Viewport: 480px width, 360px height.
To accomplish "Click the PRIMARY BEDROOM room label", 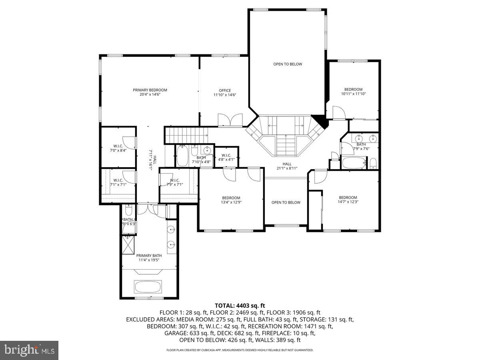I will pyautogui.click(x=150, y=90).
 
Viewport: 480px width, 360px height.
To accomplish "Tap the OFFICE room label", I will pyautogui.click(x=225, y=90).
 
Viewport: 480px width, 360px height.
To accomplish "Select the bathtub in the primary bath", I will pyautogui.click(x=148, y=287).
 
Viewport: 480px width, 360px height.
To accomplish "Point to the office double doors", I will pyautogui.click(x=230, y=120).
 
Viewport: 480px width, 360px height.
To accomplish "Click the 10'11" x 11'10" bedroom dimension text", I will pyautogui.click(x=353, y=94).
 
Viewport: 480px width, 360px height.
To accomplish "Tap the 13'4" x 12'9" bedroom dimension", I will pyautogui.click(x=231, y=202).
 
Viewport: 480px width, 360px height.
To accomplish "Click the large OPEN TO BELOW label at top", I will pyautogui.click(x=288, y=64).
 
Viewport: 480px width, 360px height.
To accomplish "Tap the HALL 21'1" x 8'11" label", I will pyautogui.click(x=287, y=166).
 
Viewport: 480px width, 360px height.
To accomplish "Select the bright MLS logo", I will pyautogui.click(x=29, y=350).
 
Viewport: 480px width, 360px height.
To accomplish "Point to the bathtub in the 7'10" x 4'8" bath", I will pyautogui.click(x=182, y=156).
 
